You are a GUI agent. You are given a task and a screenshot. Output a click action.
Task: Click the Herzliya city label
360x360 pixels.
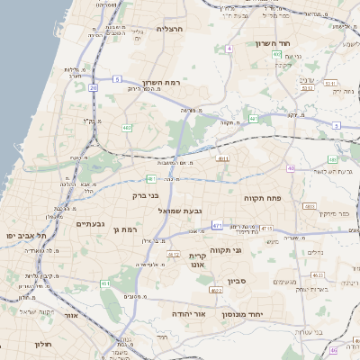pyautogui.click(x=169, y=30)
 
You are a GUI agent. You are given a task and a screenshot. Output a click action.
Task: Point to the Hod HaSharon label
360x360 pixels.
pyautogui.click(x=296, y=43)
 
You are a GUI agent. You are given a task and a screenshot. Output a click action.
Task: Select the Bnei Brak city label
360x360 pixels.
pyautogui.click(x=145, y=194)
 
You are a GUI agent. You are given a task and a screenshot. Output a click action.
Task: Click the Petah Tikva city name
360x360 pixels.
pyautogui.click(x=264, y=196)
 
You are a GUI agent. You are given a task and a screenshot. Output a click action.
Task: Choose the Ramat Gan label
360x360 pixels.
pyautogui.click(x=125, y=230)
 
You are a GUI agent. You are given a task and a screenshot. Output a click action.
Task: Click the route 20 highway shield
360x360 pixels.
pyautogui.click(x=93, y=87)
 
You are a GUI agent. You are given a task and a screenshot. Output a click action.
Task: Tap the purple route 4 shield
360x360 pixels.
pyautogui.click(x=229, y=48)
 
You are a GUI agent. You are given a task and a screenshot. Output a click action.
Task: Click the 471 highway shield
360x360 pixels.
pyautogui.click(x=217, y=224)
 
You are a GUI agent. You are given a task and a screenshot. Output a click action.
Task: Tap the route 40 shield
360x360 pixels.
pyautogui.click(x=291, y=168)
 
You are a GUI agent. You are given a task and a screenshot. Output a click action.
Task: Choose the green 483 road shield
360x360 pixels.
pyautogui.click(x=333, y=159)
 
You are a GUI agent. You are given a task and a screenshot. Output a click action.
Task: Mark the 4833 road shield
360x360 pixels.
pyautogui.click(x=310, y=206)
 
